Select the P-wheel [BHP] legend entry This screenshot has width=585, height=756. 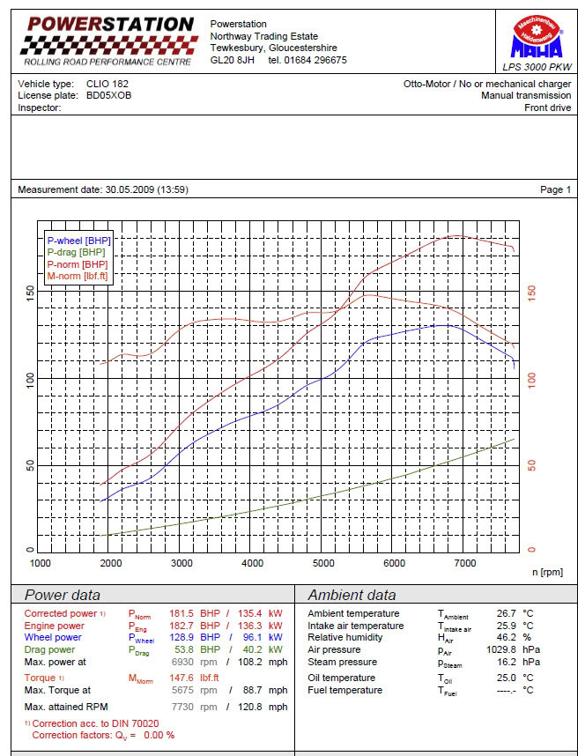[79, 240]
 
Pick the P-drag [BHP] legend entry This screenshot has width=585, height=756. [77, 252]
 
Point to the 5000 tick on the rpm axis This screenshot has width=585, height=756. [323, 563]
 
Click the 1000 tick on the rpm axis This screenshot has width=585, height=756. [41, 563]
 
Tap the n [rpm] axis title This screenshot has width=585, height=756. [547, 573]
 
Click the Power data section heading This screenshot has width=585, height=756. [62, 595]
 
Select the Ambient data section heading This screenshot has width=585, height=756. [352, 595]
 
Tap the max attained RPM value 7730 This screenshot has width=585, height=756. [183, 707]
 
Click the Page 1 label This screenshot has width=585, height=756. [555, 189]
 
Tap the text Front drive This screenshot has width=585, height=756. [547, 107]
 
